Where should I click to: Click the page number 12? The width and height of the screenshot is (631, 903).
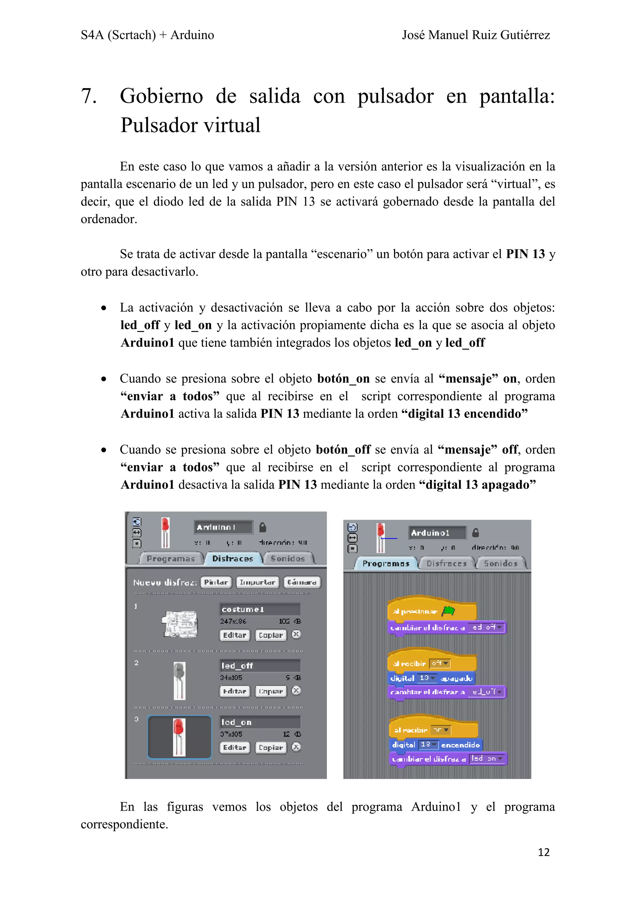click(x=543, y=852)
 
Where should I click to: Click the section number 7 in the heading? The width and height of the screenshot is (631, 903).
click(x=88, y=96)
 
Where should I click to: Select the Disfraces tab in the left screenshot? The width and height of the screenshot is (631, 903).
click(x=233, y=558)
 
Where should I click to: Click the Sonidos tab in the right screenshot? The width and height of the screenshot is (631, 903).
click(x=500, y=564)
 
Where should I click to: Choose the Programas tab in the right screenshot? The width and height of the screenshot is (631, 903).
click(x=385, y=564)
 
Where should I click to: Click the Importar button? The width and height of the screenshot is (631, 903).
click(x=258, y=582)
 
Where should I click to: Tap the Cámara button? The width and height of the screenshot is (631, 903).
click(x=302, y=582)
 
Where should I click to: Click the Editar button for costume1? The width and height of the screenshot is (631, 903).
click(x=234, y=635)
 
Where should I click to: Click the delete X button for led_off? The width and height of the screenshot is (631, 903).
click(x=296, y=690)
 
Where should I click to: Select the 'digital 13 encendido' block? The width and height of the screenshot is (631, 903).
click(x=435, y=744)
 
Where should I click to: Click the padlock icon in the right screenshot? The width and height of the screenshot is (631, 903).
click(x=475, y=533)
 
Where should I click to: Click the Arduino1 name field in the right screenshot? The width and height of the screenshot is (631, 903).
click(x=437, y=533)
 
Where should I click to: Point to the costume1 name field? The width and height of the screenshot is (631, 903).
click(x=260, y=609)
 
